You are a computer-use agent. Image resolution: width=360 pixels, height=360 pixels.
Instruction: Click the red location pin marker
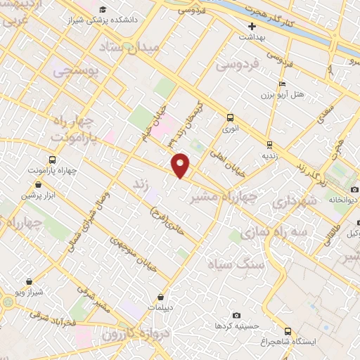pos(181,165)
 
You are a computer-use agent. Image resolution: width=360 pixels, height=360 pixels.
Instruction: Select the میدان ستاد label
pos(150,46)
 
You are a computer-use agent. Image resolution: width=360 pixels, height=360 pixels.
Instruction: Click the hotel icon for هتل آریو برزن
pos(282,84)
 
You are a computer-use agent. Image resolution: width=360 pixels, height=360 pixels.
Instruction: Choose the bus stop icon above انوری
pos(230,118)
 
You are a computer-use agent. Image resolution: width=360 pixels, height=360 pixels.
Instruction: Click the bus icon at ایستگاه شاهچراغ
pos(288,330)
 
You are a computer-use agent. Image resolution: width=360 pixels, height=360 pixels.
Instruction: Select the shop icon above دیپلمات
pos(162,297)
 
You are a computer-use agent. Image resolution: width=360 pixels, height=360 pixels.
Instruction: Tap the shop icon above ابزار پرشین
pos(37,185)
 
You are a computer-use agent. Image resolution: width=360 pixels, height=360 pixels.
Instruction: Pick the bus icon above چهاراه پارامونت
pos(53,160)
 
